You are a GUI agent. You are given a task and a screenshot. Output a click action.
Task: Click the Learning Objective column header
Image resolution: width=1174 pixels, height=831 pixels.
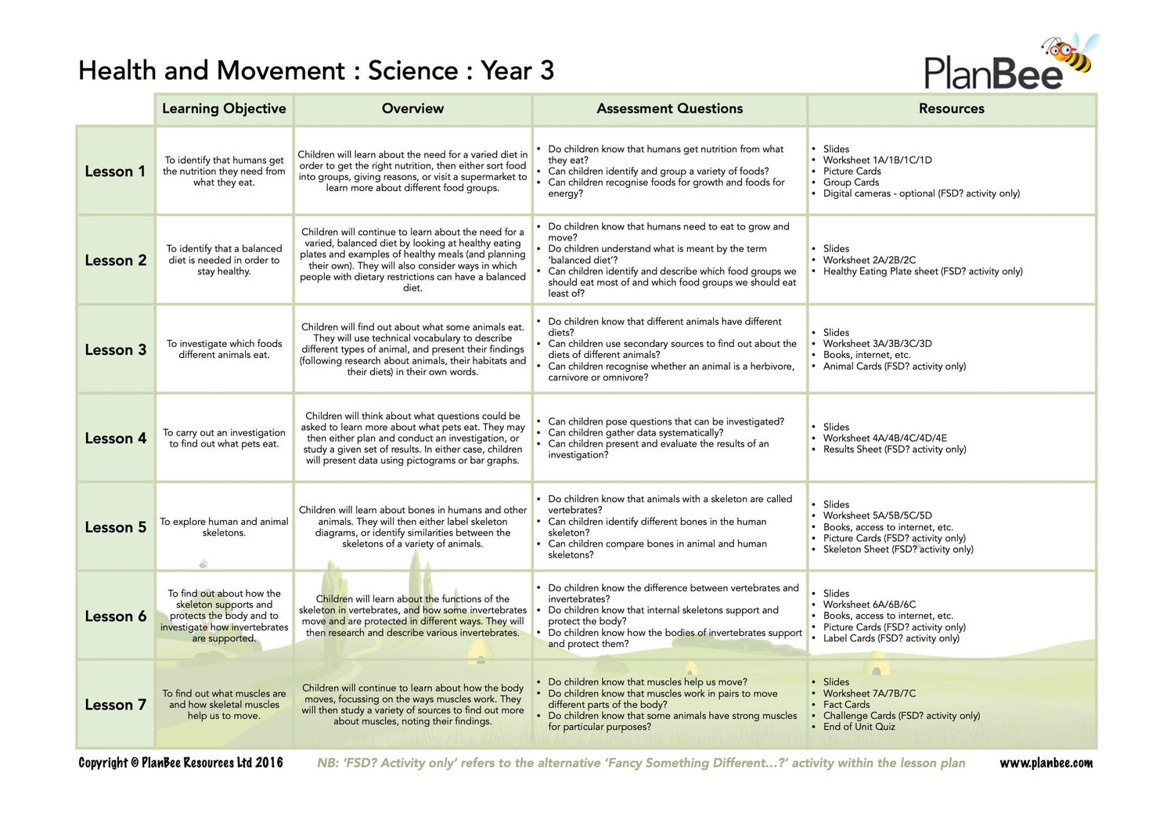[x=224, y=109]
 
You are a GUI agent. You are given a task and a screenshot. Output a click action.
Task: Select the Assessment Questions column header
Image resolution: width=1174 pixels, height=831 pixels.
[x=669, y=109]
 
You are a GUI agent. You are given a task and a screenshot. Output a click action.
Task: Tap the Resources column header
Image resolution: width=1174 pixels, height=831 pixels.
[x=951, y=109]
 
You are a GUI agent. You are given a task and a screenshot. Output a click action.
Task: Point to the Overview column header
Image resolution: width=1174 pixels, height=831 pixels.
[x=412, y=109]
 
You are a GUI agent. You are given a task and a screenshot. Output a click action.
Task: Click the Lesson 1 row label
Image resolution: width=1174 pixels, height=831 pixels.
[x=115, y=172]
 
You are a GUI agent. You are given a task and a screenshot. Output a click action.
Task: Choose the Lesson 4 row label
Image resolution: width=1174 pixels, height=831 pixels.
[x=115, y=439]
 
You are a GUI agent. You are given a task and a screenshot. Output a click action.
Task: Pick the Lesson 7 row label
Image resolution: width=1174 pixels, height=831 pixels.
[x=115, y=705]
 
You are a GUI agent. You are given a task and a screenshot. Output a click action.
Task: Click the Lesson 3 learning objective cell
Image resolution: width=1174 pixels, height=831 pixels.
[x=224, y=349]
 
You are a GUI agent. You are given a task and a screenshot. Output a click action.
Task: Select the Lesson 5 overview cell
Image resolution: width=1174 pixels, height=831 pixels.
[x=412, y=527]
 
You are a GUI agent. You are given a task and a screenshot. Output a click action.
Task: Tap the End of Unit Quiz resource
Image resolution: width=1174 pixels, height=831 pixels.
[x=859, y=727]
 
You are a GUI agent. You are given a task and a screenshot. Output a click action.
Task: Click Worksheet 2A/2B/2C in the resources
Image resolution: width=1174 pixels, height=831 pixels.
[x=869, y=260]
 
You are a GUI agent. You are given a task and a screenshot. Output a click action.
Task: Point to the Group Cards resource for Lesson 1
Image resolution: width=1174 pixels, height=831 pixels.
[x=851, y=182]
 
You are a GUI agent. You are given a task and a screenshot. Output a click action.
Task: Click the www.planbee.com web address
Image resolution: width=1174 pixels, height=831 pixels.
[x=1046, y=763]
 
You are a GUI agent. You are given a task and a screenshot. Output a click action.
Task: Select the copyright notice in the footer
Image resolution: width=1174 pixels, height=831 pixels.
[x=181, y=763]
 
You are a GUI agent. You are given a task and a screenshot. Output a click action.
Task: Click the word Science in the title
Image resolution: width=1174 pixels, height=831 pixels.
[x=412, y=70]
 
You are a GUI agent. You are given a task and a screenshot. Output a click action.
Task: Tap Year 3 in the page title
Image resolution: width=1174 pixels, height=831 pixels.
[x=517, y=70]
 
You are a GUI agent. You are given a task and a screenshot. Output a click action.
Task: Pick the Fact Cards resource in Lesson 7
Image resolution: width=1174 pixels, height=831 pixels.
[x=846, y=705]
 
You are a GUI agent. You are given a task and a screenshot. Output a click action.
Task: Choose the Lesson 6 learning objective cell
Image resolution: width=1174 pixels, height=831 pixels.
[x=224, y=616]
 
